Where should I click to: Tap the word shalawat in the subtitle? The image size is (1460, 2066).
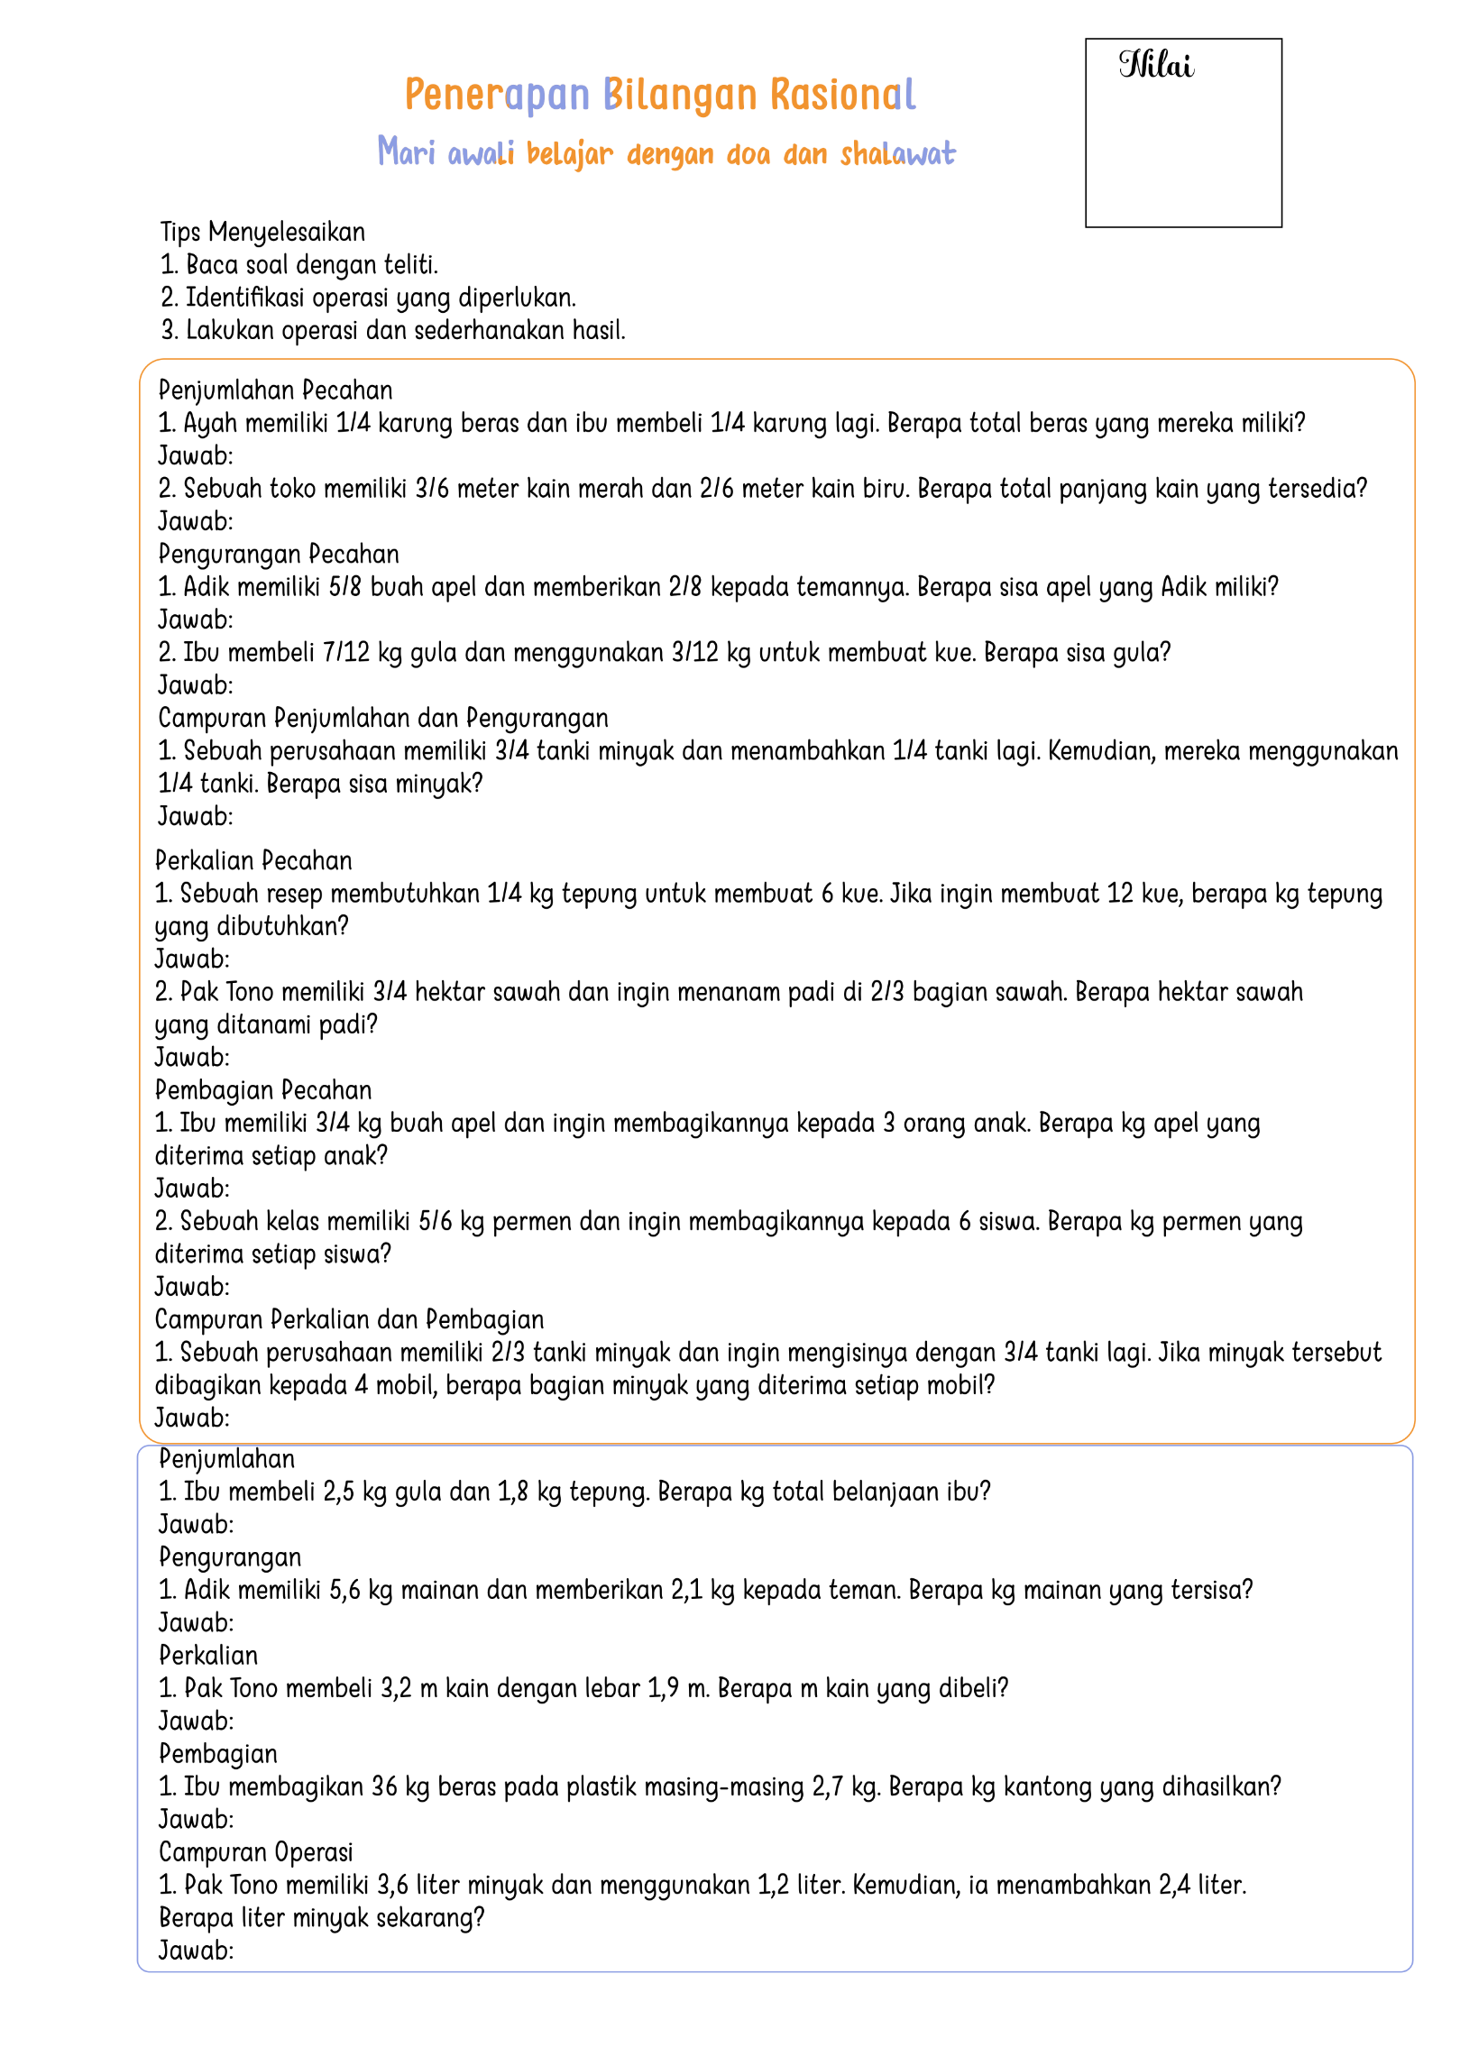[897, 154]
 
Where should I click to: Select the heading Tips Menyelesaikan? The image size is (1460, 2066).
[262, 232]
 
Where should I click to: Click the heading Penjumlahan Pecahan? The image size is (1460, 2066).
[275, 390]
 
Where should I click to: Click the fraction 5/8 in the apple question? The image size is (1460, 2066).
[344, 587]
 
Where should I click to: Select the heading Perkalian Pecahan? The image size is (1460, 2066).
[253, 860]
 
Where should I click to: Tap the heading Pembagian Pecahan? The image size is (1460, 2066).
[263, 1090]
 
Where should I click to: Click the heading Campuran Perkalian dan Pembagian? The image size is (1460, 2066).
[349, 1319]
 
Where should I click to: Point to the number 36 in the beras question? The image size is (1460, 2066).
[384, 1786]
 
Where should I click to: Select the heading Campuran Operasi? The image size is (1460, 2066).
[255, 1852]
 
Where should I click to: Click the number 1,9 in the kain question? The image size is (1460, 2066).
[663, 1688]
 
